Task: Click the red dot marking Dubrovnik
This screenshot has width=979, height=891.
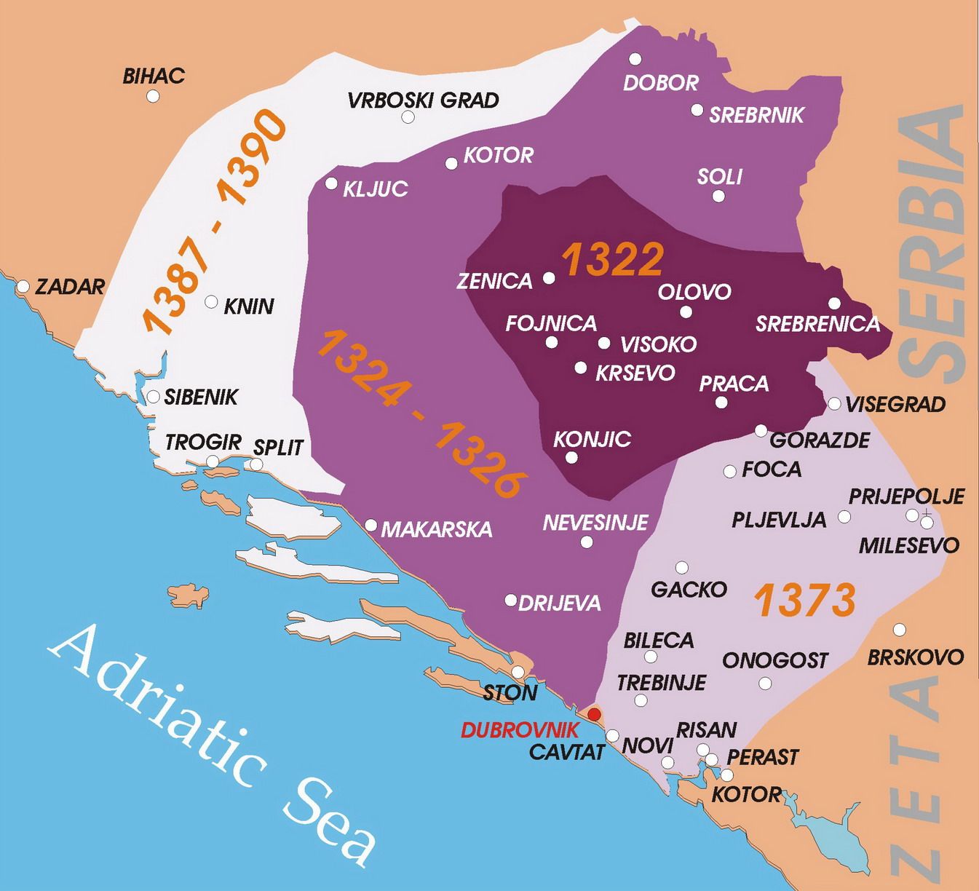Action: tap(595, 713)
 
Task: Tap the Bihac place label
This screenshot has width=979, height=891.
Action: tap(154, 76)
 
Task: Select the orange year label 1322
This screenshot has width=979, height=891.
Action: tap(613, 259)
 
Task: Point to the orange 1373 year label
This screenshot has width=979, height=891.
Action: tap(804, 601)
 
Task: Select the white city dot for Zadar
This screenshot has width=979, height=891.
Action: tap(23, 287)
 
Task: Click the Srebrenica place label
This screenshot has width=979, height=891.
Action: tap(817, 324)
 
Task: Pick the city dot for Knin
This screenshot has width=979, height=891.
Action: tap(211, 301)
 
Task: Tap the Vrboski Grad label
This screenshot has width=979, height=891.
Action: tap(423, 100)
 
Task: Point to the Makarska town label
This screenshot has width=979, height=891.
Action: tap(436, 529)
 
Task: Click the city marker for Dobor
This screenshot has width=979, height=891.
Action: tap(636, 58)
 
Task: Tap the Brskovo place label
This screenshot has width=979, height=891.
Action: tap(915, 657)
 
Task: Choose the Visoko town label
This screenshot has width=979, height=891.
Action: tap(658, 344)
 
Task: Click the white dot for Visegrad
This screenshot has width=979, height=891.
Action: tap(834, 404)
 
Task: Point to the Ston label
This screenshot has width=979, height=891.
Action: tap(510, 692)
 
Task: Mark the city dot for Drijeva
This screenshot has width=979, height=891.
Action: tap(511, 601)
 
